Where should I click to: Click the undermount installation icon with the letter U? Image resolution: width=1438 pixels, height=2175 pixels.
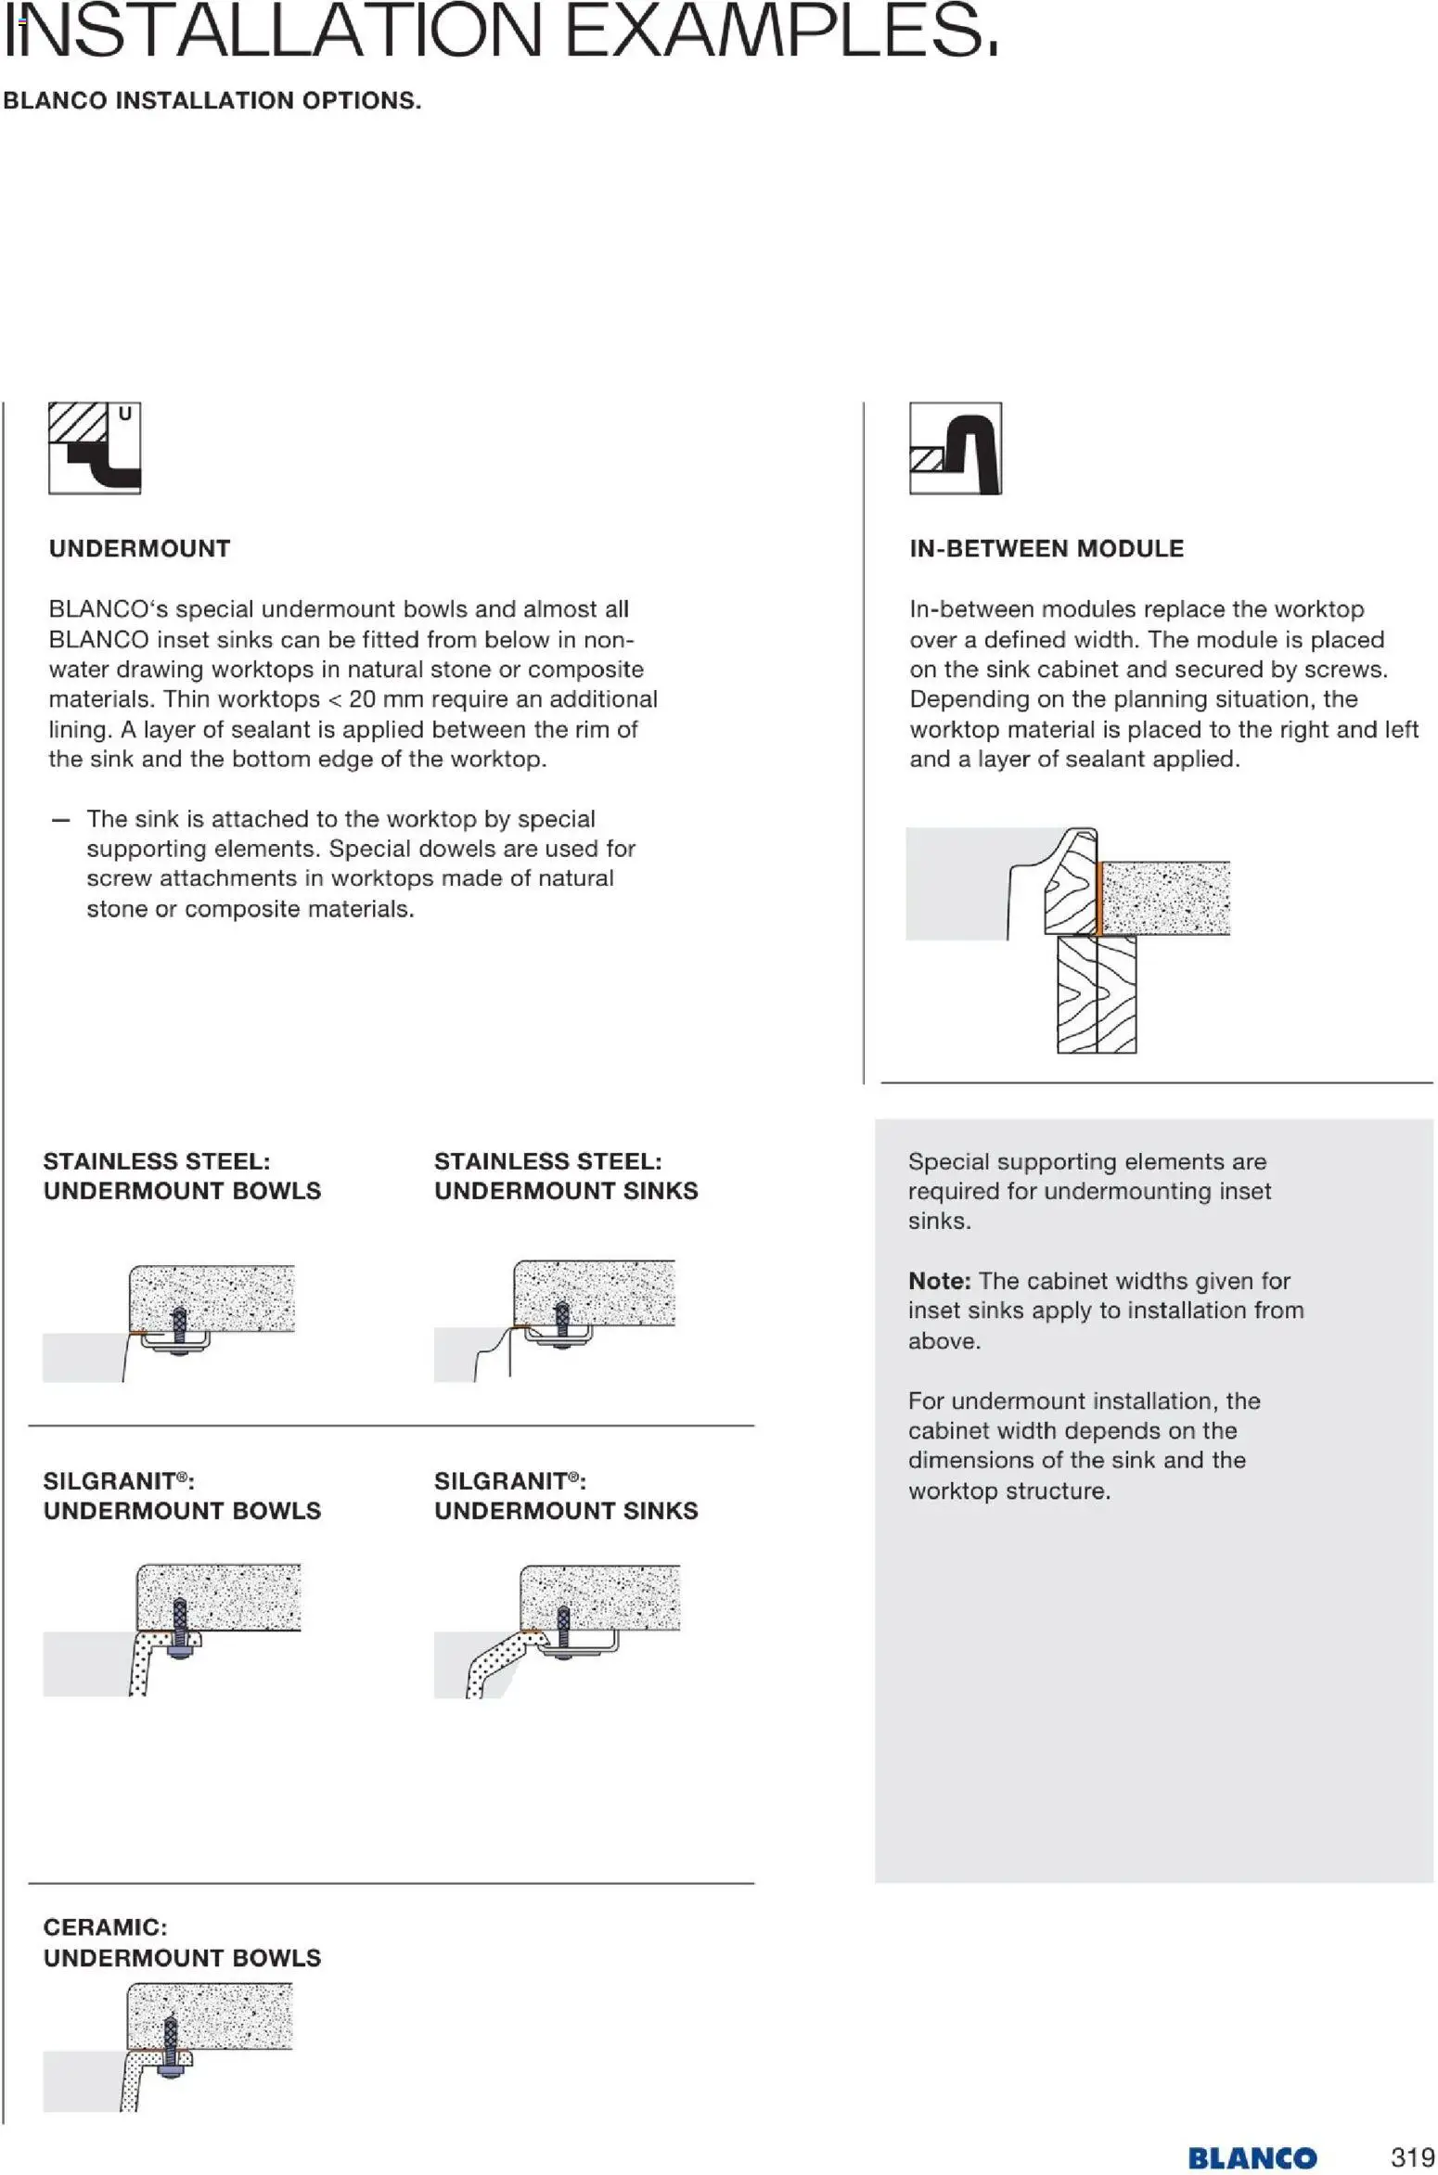click(x=94, y=448)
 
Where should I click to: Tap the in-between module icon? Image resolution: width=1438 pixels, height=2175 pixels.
click(x=955, y=448)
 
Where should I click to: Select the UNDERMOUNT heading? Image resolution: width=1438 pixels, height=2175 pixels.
click(x=139, y=548)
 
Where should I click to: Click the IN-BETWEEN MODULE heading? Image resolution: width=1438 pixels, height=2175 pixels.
click(x=1046, y=548)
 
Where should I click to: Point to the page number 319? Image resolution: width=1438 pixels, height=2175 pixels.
click(x=1412, y=2157)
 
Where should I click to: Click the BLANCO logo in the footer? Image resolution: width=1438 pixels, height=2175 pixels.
click(x=1252, y=2158)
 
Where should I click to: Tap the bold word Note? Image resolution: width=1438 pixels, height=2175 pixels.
click(x=939, y=1281)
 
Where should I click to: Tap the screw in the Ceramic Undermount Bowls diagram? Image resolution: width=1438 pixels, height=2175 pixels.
click(x=171, y=2042)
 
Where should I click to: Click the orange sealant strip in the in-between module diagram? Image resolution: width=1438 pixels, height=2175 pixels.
click(x=1098, y=898)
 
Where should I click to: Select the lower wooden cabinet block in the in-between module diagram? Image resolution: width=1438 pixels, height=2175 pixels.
click(x=1096, y=993)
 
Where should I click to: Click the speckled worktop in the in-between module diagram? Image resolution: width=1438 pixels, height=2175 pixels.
click(x=1165, y=898)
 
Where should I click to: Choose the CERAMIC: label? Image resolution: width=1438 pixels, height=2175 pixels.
click(x=105, y=1927)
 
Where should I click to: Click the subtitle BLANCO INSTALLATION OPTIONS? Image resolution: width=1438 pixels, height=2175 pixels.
click(x=212, y=101)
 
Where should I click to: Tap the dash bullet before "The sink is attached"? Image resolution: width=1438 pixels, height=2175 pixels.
click(x=60, y=820)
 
